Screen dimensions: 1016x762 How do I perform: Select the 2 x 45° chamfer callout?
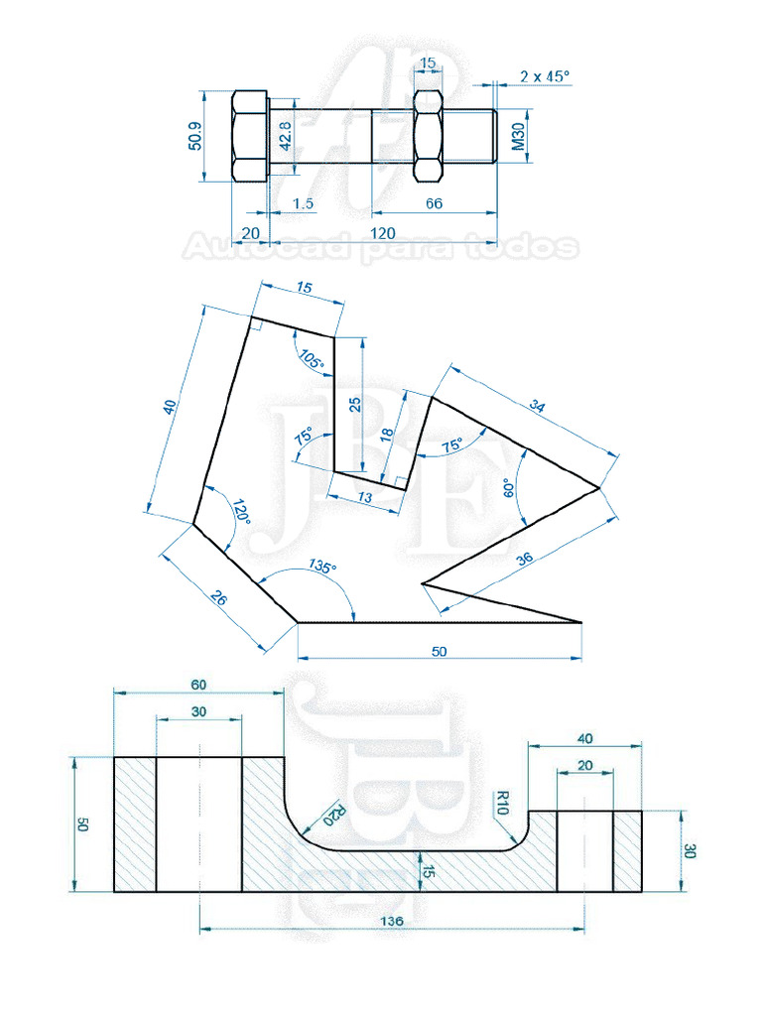tap(545, 75)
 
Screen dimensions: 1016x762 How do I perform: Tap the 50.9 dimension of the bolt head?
tap(194, 136)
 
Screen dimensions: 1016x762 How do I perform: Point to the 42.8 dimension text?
tap(285, 136)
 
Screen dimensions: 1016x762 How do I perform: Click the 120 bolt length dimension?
tap(383, 233)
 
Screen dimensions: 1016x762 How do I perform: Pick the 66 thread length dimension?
tap(434, 203)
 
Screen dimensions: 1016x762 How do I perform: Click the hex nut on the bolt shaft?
tap(427, 136)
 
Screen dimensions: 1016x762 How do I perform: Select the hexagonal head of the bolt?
tap(249, 136)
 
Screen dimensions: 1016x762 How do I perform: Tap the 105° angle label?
tap(312, 361)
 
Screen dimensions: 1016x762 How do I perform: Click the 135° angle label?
tap(321, 568)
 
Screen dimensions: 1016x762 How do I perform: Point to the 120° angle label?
tap(239, 514)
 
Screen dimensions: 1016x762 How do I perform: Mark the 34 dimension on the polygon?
tap(538, 406)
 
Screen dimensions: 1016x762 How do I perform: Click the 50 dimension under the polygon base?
tap(440, 652)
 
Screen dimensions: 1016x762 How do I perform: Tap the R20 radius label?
tap(336, 813)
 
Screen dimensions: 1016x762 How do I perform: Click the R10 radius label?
tap(502, 801)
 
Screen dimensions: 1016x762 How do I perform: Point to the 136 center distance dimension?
tap(392, 922)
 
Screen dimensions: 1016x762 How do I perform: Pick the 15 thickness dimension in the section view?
tap(429, 871)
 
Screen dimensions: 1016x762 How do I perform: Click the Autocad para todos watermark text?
tap(380, 247)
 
